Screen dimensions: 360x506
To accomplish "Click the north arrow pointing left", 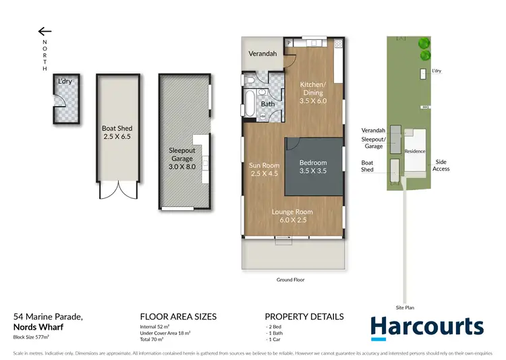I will pyautogui.click(x=45, y=31).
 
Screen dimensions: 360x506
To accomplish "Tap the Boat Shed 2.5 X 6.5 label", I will pyautogui.click(x=117, y=132).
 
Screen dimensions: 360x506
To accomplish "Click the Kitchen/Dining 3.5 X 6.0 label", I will pyautogui.click(x=312, y=92).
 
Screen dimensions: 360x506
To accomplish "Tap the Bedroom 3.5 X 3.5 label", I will pyautogui.click(x=313, y=167).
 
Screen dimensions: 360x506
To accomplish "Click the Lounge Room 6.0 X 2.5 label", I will pyautogui.click(x=292, y=216).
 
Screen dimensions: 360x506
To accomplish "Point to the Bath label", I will pyautogui.click(x=268, y=104).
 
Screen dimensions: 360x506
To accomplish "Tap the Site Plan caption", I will pyautogui.click(x=405, y=307).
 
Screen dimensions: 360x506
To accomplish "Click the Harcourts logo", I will pyautogui.click(x=427, y=327).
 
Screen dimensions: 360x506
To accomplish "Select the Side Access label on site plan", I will pyautogui.click(x=441, y=165).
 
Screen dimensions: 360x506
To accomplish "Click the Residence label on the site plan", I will pyautogui.click(x=415, y=151).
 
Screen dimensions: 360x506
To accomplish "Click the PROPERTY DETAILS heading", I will pyautogui.click(x=304, y=316).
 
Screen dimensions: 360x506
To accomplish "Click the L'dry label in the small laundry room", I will pyautogui.click(x=65, y=82).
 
